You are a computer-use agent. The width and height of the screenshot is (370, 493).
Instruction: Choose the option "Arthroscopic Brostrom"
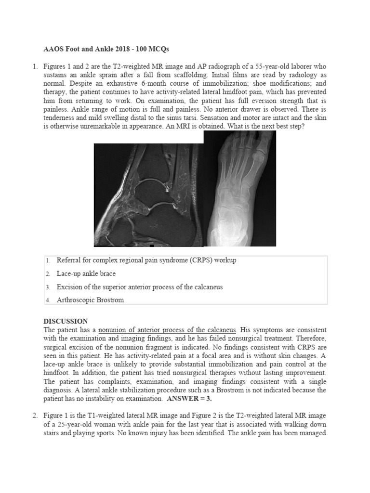coord(90,300)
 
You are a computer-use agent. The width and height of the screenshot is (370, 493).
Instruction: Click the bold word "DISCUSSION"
coord(66,321)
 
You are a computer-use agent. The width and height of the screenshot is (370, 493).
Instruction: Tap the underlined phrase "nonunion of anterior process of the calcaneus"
coord(167,330)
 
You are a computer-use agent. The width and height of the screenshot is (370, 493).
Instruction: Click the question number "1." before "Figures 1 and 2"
coord(35,65)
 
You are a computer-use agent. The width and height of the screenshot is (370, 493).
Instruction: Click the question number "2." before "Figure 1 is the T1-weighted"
coord(35,416)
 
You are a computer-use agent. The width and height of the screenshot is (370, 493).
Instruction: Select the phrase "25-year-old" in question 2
coord(63,425)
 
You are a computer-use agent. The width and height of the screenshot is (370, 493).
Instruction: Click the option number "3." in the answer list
coord(48,287)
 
